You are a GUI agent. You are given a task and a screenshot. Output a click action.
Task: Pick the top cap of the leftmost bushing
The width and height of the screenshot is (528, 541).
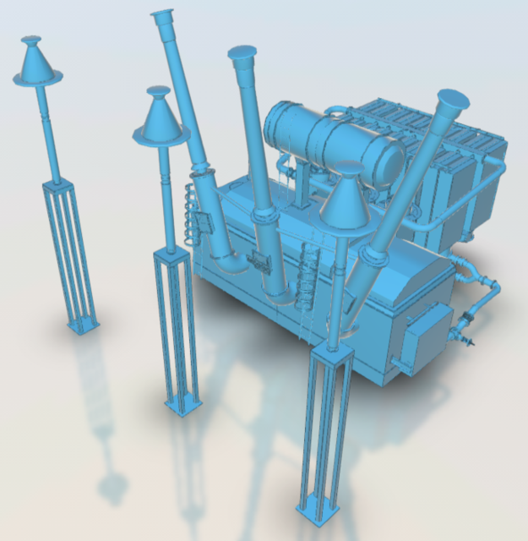click(163, 15)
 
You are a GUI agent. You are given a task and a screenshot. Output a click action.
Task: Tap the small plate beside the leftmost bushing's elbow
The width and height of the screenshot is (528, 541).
click(203, 221)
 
